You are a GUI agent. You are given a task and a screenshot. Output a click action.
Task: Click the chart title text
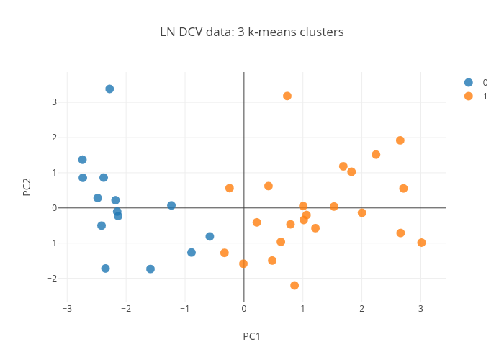(252, 32)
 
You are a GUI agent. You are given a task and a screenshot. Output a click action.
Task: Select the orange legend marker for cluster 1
(469, 96)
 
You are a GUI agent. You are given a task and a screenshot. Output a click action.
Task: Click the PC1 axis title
(251, 336)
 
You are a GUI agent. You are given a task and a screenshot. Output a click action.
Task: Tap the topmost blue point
(109, 89)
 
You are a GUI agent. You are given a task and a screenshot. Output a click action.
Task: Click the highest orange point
(287, 96)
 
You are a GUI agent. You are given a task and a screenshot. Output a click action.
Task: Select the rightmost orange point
(421, 243)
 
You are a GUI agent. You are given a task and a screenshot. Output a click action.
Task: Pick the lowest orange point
(294, 286)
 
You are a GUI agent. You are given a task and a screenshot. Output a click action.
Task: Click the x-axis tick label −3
(66, 309)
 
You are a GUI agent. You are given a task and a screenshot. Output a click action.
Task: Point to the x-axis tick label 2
(361, 309)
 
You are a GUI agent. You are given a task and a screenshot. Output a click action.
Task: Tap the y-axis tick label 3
(54, 102)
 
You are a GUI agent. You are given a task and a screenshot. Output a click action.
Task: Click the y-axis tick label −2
(52, 278)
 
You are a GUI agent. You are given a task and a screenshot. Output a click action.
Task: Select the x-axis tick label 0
(244, 309)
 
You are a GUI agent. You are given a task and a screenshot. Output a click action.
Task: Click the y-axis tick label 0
(54, 208)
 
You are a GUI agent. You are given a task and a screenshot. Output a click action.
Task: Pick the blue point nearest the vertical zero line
(210, 236)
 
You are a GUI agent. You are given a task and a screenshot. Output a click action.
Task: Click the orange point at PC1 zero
(243, 264)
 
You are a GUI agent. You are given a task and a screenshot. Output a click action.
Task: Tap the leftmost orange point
(225, 253)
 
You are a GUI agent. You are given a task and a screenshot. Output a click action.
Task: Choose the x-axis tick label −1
(184, 309)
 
